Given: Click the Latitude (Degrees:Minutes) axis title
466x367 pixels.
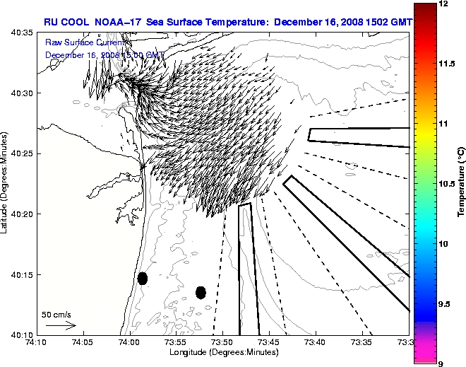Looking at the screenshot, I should (x=6, y=183).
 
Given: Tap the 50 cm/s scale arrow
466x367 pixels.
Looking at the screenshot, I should (x=60, y=325).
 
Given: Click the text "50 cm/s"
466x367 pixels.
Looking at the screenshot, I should (x=56, y=314).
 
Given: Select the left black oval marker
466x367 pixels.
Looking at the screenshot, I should (x=142, y=278).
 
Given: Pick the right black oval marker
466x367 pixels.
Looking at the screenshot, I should (x=201, y=292).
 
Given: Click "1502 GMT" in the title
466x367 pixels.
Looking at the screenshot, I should (x=386, y=22).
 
